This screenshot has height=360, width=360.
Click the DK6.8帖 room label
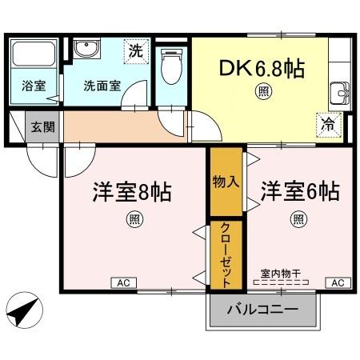[262, 69]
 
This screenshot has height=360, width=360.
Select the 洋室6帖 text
[299, 192]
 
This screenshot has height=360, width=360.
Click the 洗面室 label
[102, 86]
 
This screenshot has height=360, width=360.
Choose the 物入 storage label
[226, 181]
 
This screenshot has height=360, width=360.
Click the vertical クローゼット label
[226, 254]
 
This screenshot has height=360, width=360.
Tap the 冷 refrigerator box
[328, 123]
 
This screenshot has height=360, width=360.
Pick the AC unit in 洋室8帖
[124, 282]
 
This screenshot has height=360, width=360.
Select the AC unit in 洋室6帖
[337, 282]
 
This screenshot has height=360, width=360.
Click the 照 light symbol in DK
[263, 92]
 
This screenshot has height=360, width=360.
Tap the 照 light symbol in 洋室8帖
[131, 218]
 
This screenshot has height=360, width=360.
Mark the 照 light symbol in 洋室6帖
[298, 218]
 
